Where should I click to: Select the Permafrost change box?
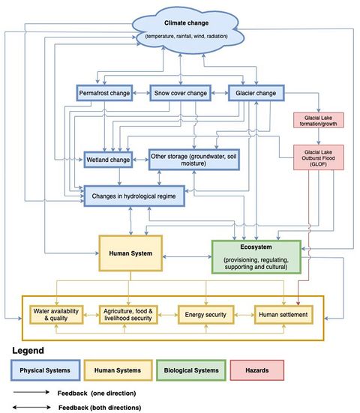107,94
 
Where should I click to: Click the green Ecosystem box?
256,256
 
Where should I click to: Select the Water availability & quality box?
55,315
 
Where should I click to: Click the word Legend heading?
28,349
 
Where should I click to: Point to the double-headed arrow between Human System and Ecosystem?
184,255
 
